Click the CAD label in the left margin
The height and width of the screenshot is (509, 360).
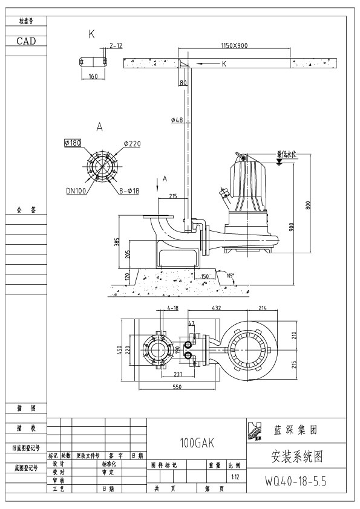[25, 41]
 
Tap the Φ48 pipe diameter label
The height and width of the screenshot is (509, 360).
[177, 120]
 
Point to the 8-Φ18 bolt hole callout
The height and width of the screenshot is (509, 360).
[126, 190]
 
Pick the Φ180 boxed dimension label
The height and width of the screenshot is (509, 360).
[73, 143]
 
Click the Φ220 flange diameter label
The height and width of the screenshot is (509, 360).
[133, 143]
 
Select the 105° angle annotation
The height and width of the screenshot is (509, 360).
[230, 275]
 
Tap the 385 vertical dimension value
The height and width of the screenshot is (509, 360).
[118, 242]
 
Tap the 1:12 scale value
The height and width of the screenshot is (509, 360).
[235, 476]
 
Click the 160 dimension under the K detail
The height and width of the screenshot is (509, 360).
[93, 76]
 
